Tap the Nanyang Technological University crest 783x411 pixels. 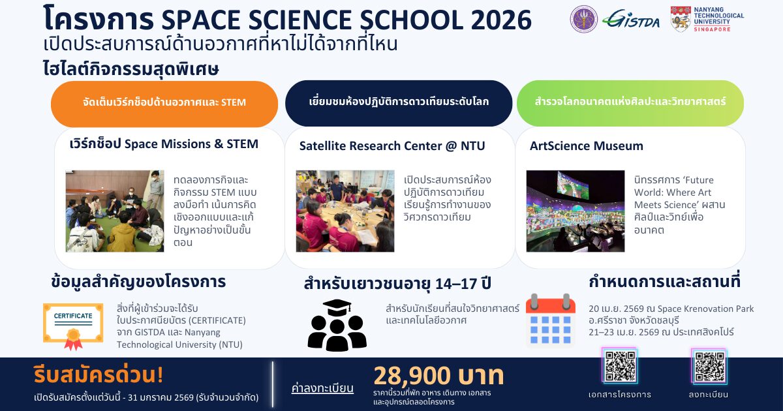click(680, 19)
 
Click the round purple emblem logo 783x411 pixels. click(584, 19)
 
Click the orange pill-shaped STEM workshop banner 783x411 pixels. click(164, 104)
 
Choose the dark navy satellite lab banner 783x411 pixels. click(399, 103)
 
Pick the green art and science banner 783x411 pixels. click(630, 103)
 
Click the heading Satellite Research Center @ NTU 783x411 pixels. click(392, 145)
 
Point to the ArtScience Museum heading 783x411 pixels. click(586, 145)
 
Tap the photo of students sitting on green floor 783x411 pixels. click(115, 211)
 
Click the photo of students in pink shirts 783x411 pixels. click(345, 211)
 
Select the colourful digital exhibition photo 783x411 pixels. click(576, 211)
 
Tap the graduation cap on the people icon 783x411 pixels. click(337, 307)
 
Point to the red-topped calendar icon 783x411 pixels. click(551, 319)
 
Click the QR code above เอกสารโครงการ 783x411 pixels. click(620, 366)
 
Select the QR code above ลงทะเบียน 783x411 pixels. click(709, 366)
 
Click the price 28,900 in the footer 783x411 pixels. click(412, 376)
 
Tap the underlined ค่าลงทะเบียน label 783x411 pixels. click(322, 388)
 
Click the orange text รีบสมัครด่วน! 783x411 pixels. click(99, 374)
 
